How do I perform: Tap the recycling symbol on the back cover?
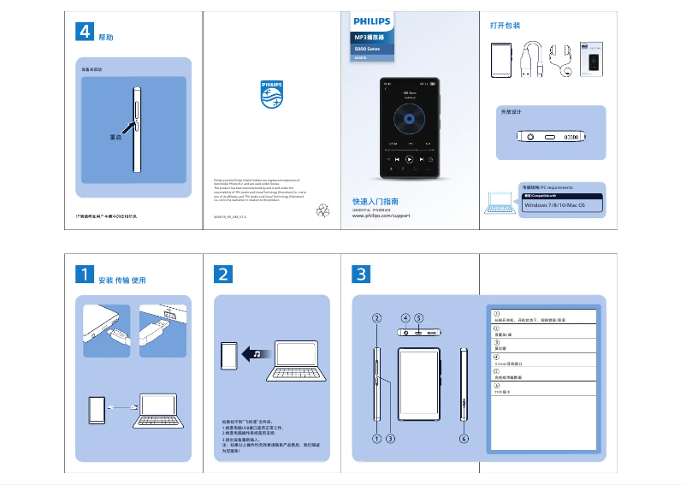[322, 209]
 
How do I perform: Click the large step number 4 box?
[85, 32]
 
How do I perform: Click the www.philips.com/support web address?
[381, 216]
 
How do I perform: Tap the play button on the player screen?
[409, 159]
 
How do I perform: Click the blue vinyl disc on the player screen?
[409, 120]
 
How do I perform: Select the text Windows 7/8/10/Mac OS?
[553, 205]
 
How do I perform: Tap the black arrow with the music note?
[253, 354]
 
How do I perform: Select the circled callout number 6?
[464, 439]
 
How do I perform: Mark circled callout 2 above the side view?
[376, 318]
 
